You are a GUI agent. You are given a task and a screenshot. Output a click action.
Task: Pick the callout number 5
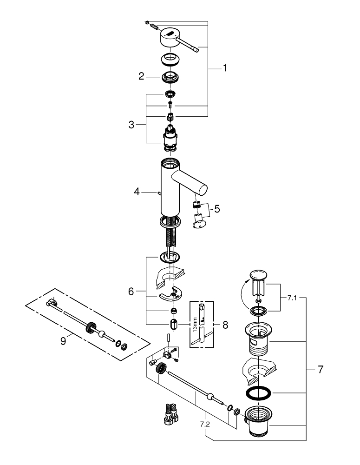pyautogui.click(x=217, y=209)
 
